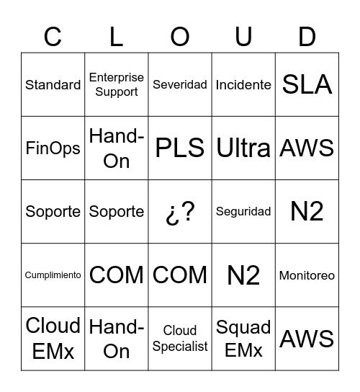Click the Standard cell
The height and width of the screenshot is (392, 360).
click(53, 85)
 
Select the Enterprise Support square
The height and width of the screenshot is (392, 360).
click(117, 85)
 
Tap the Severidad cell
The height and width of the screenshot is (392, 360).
click(180, 85)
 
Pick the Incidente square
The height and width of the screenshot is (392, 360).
click(243, 85)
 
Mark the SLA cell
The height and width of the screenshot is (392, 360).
click(307, 85)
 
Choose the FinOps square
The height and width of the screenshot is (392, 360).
click(53, 148)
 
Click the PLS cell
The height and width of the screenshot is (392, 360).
click(180, 148)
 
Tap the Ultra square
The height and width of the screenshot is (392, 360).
click(243, 148)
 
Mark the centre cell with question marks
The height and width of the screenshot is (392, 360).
click(180, 212)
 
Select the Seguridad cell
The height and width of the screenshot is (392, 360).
click(243, 212)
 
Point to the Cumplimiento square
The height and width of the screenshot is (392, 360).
click(53, 275)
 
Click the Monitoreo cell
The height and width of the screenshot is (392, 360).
click(307, 275)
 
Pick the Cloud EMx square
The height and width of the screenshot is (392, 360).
click(53, 339)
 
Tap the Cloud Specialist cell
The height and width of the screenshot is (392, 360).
click(180, 339)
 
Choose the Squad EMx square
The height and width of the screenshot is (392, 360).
click(243, 339)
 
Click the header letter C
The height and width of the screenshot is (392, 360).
click(53, 36)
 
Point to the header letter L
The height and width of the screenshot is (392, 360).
click(117, 36)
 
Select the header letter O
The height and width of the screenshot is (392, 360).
click(180, 36)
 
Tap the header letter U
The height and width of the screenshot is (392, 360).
click(243, 36)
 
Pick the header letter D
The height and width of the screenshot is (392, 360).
click(307, 36)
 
